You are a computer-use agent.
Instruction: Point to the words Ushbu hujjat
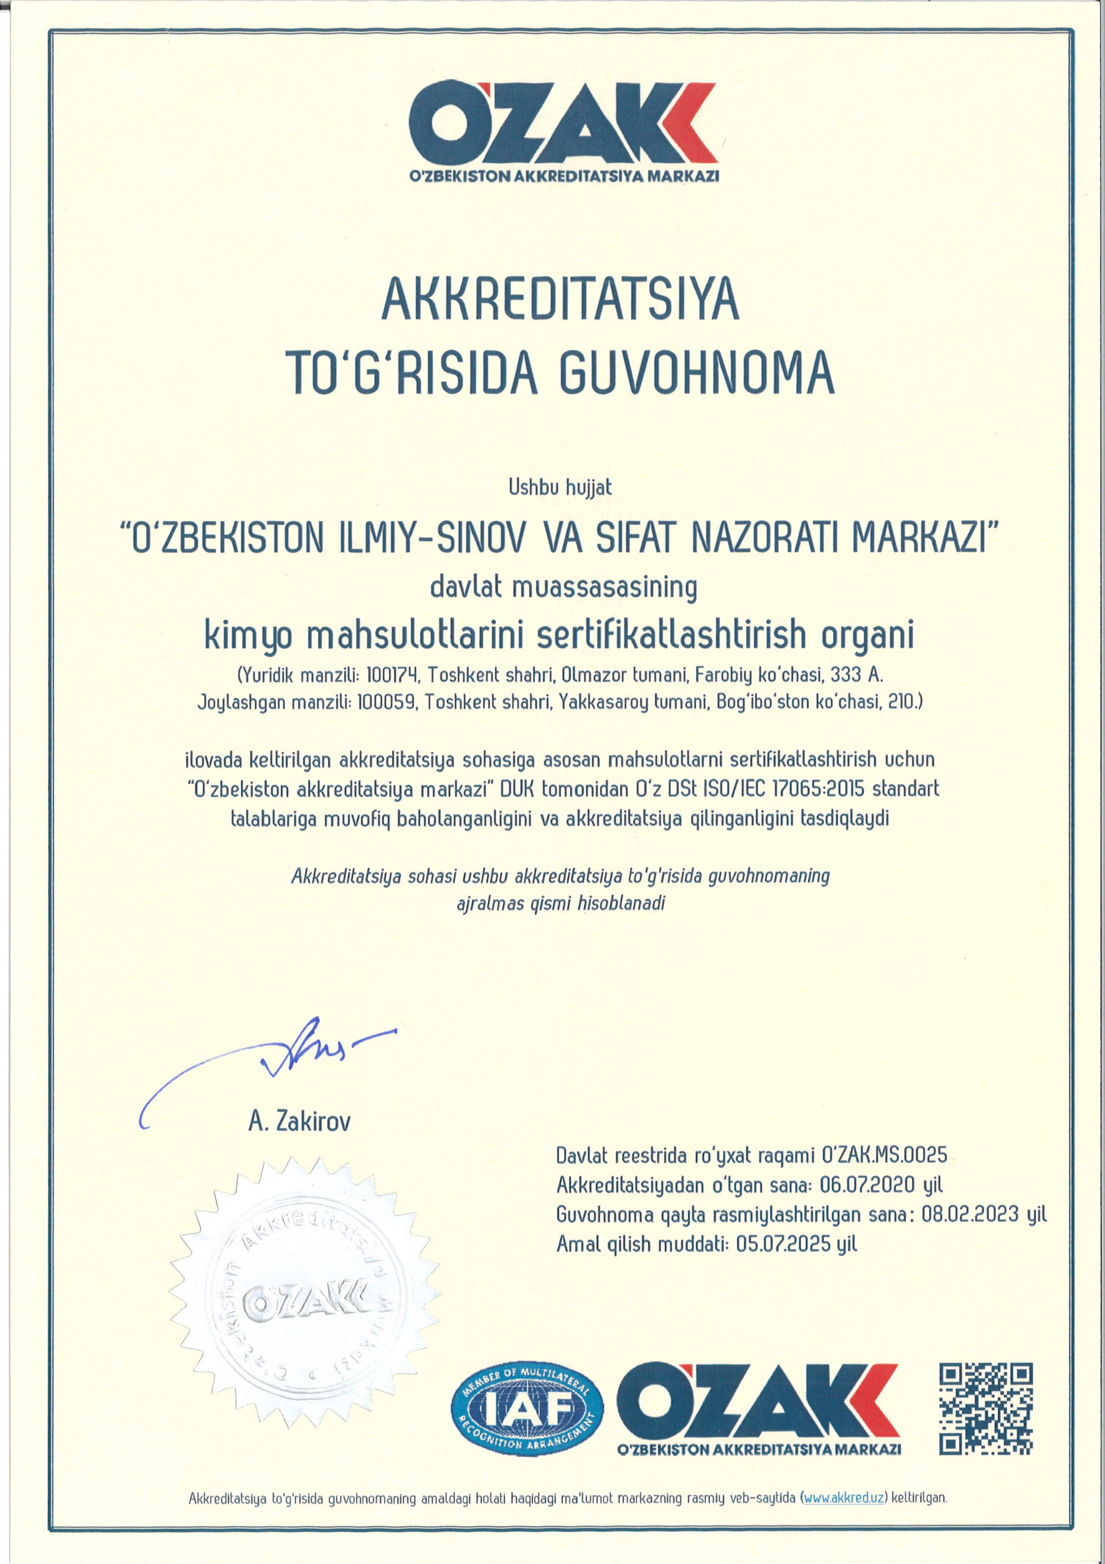pos(560,488)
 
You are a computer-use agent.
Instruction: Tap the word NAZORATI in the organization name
pos(766,544)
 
